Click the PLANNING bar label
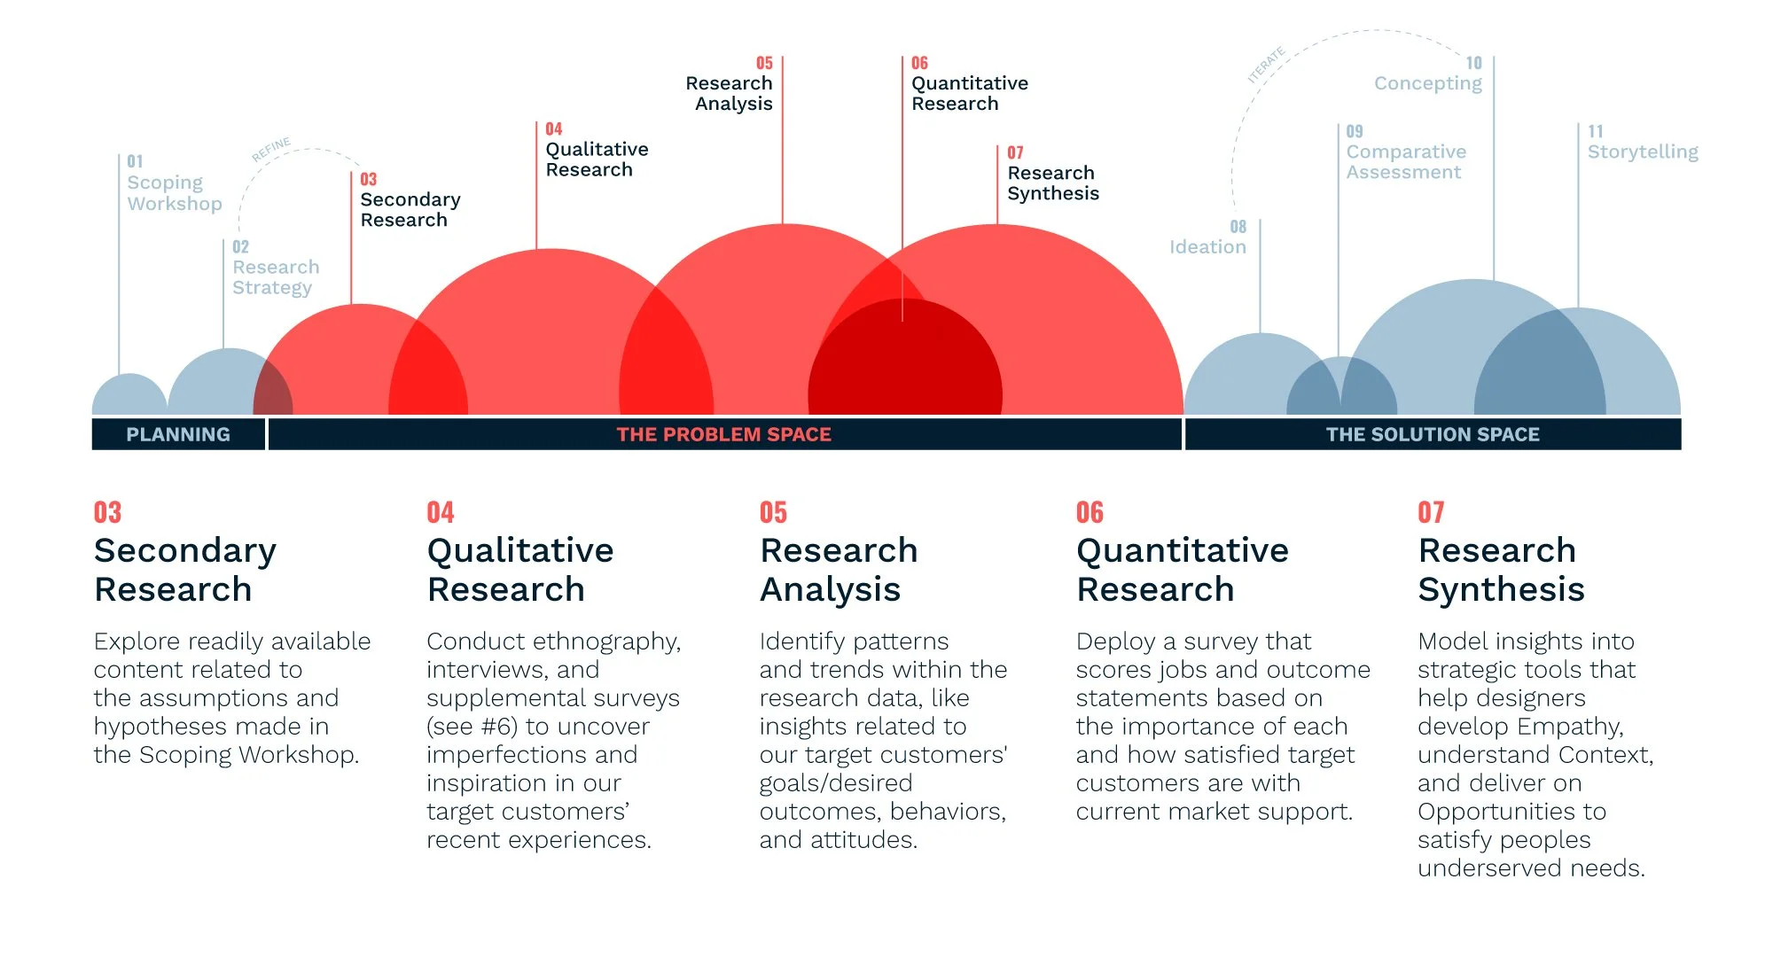(178, 434)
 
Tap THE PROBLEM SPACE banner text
(723, 434)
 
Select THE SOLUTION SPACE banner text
(1433, 434)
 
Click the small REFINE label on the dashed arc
(271, 150)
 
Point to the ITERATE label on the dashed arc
(1266, 66)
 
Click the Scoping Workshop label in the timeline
(174, 193)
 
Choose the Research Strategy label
(276, 277)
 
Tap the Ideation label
(1207, 247)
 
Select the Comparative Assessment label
(1406, 162)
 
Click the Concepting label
(1427, 83)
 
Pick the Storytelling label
(1643, 152)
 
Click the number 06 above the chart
(919, 63)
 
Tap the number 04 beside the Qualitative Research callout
(553, 129)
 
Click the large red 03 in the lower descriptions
(107, 512)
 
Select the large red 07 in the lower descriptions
(1431, 512)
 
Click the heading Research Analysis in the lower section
(838, 570)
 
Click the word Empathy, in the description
(1570, 727)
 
